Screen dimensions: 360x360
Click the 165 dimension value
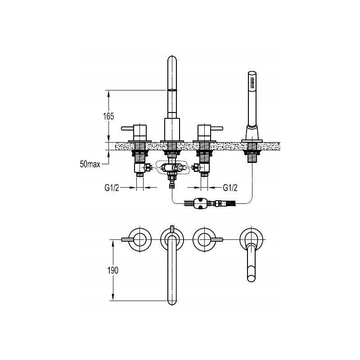[x=108, y=117]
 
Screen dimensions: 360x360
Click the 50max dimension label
[x=90, y=164]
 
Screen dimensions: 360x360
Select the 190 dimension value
[x=113, y=270]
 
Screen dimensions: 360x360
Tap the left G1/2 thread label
[x=112, y=188]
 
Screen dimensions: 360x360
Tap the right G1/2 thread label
[x=230, y=188]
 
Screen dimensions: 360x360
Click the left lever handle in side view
[x=127, y=128]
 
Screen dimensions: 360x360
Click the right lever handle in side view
[x=216, y=128]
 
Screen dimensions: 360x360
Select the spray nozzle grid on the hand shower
[x=252, y=83]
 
